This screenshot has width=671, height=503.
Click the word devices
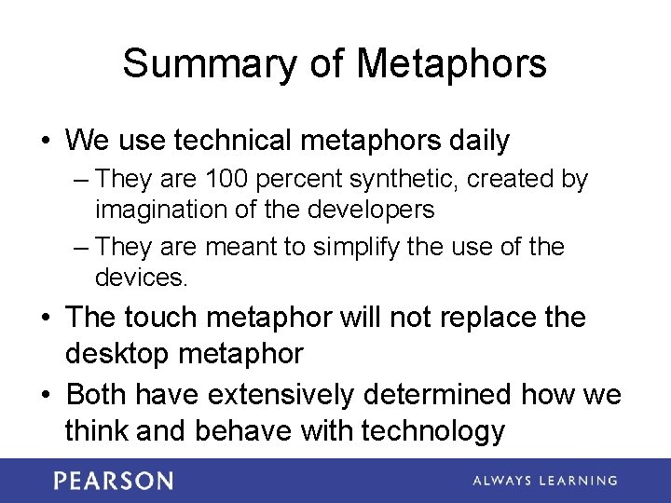141,278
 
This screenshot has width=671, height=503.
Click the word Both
97,394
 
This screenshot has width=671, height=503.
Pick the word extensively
281,394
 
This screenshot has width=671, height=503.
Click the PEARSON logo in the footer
113,481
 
